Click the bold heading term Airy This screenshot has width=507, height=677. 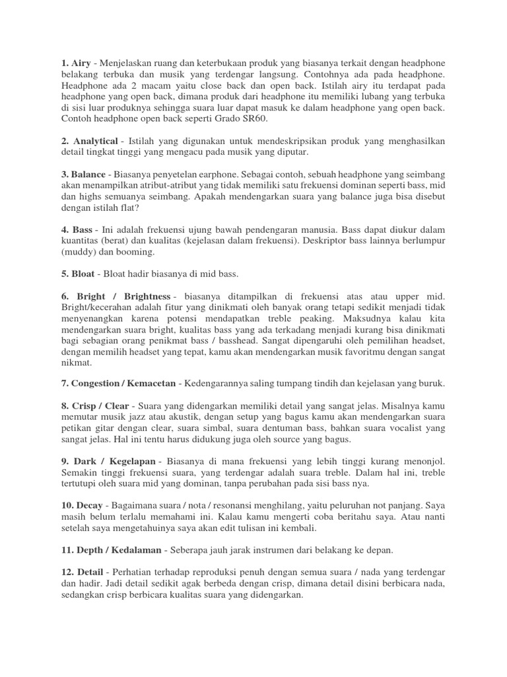tap(82, 62)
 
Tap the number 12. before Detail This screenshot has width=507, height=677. tap(69, 571)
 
